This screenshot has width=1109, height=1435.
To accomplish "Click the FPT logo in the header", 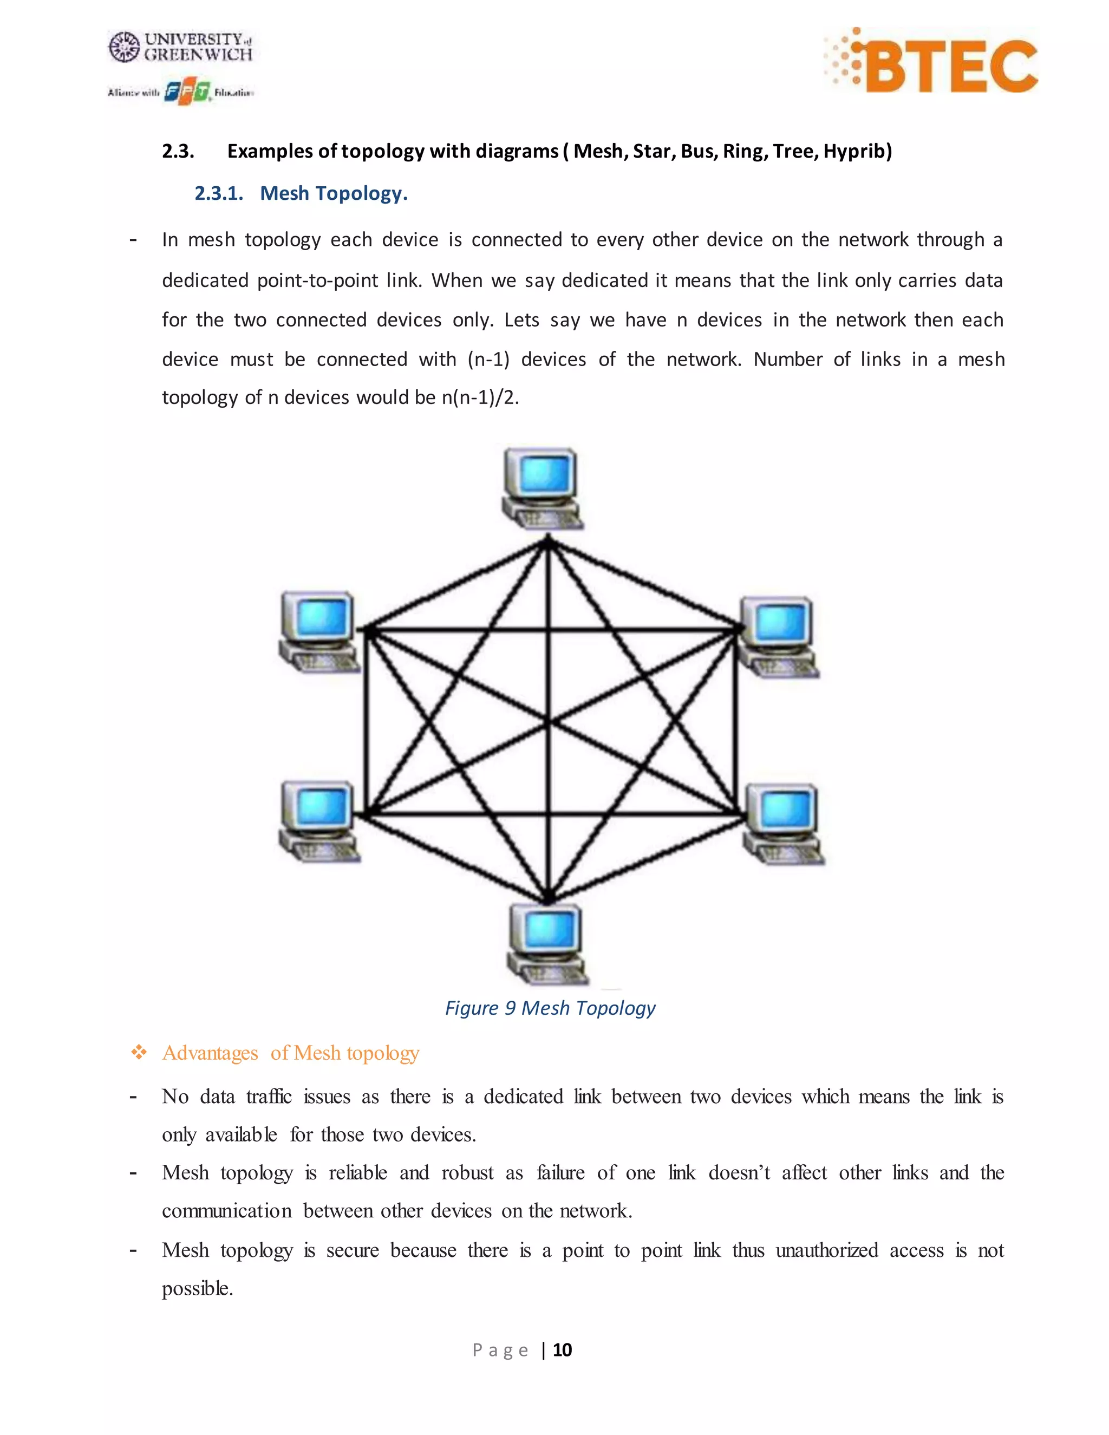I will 188,93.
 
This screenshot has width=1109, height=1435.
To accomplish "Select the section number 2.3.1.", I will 218,193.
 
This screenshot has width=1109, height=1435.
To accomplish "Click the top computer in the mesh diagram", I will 542,487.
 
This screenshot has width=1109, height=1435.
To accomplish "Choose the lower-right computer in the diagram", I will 784,824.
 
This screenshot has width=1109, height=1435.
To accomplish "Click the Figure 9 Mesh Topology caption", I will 550,1008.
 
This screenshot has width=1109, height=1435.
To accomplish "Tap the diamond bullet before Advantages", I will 139,1053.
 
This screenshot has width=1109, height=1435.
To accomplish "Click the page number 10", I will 563,1349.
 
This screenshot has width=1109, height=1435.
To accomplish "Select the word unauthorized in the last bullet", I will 826,1250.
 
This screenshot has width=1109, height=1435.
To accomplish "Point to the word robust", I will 467,1173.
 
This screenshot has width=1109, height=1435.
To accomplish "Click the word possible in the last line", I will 197,1288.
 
